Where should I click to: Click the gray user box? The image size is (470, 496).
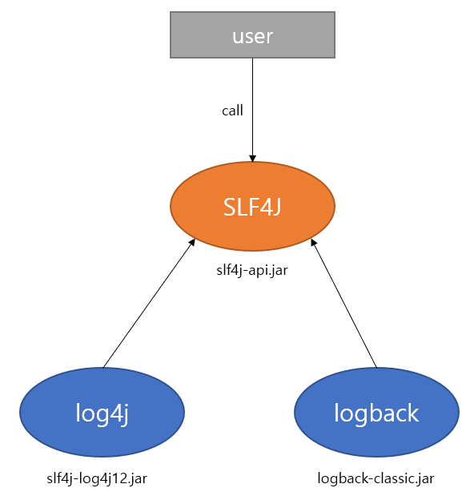[252, 34]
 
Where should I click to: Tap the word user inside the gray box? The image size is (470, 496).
[252, 36]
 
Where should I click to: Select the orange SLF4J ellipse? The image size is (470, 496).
[252, 206]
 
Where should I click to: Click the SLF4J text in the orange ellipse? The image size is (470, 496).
[252, 207]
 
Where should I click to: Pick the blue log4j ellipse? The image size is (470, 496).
[102, 412]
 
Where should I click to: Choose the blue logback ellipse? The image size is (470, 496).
[376, 412]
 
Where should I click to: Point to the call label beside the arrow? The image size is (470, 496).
[232, 111]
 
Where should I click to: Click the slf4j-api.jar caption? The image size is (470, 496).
[252, 271]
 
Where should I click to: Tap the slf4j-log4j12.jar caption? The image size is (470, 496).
[97, 478]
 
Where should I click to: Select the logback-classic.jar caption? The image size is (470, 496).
[376, 478]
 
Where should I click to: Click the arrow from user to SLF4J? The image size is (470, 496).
[252, 110]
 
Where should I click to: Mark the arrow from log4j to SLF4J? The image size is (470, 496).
[149, 303]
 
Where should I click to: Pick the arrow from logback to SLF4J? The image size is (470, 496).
[343, 303]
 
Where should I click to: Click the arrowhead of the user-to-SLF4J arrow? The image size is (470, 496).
[252, 159]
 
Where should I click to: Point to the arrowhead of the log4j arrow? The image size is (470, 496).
[192, 242]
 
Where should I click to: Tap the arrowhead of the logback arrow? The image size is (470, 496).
[314, 242]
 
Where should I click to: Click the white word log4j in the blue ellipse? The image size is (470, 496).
[102, 413]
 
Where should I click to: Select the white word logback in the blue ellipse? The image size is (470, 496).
[376, 413]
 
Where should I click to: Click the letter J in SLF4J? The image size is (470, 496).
[276, 207]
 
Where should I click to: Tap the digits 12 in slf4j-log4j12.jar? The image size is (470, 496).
[124, 478]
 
